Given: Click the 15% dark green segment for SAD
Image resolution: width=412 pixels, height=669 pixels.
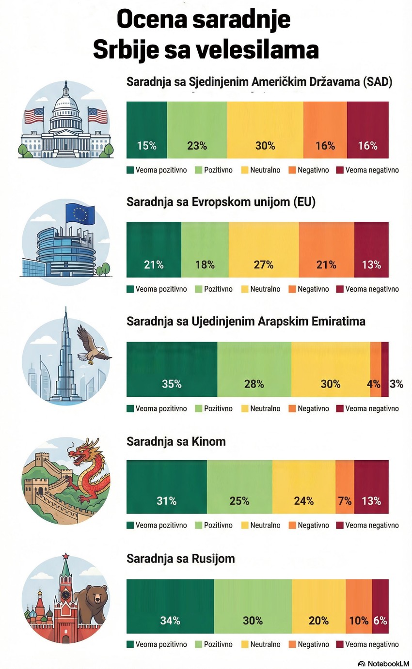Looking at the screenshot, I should (x=146, y=130).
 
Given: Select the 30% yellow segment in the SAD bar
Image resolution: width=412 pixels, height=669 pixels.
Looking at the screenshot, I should (x=265, y=130).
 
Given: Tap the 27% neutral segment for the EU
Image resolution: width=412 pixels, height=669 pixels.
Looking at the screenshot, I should (x=264, y=249).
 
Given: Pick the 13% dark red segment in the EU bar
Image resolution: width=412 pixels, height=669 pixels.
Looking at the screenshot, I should (x=371, y=249).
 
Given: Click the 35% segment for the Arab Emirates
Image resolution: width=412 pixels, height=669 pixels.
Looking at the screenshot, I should (x=172, y=369).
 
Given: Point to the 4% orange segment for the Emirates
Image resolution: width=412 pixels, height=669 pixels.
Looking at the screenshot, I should (x=376, y=369).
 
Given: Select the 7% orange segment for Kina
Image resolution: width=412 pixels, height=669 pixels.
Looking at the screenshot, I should (x=345, y=486).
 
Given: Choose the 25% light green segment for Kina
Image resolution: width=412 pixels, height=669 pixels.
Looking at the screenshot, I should (x=239, y=486).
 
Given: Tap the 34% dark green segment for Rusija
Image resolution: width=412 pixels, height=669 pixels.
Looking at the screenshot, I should (x=170, y=606).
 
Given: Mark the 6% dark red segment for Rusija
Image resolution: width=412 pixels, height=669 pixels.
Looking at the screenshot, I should (x=380, y=606).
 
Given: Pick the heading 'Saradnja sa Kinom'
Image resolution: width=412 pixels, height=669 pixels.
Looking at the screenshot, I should (x=176, y=442).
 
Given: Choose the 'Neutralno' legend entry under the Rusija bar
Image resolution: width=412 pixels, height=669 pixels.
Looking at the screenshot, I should (x=265, y=644).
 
